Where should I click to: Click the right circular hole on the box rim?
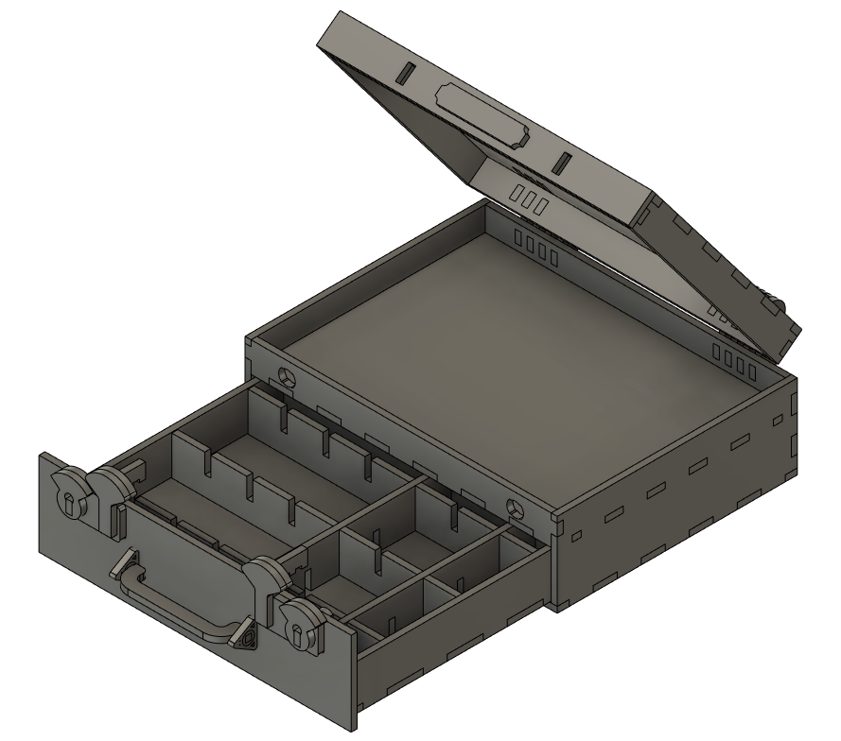click(x=516, y=508)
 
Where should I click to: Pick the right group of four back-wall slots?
click(x=734, y=362)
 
